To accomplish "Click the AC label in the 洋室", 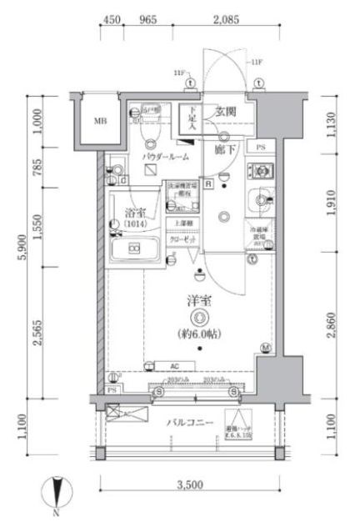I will pyautogui.click(x=174, y=364).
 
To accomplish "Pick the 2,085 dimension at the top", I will pyautogui.click(x=227, y=20).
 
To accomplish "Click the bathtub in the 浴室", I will pyautogui.click(x=134, y=248).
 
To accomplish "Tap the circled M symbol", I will pyautogui.click(x=266, y=347).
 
